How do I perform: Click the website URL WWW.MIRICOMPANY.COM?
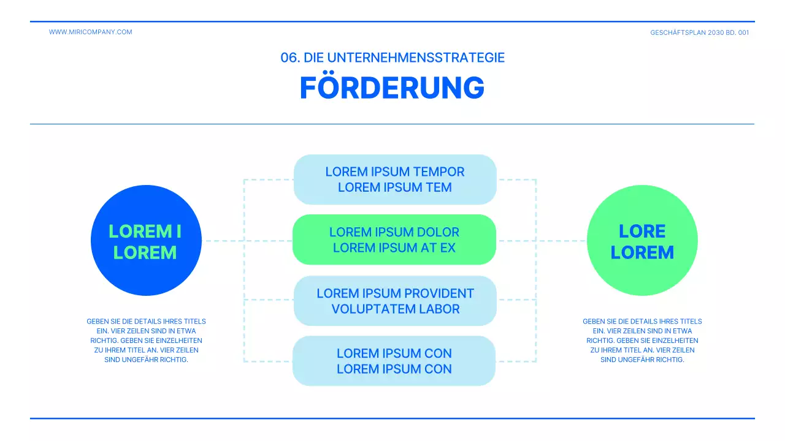click(90, 32)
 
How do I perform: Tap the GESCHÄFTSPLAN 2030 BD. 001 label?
click(699, 32)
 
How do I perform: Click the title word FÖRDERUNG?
click(392, 88)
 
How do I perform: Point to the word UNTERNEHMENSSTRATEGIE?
click(416, 58)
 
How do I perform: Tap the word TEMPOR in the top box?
click(439, 171)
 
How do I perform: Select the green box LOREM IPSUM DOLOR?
click(394, 239)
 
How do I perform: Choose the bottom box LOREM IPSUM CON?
click(394, 361)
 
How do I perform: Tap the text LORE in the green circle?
click(642, 231)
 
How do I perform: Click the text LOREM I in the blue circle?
click(145, 231)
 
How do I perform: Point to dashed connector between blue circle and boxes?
click(224, 241)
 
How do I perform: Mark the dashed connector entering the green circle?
click(561, 241)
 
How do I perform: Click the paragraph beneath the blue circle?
click(146, 340)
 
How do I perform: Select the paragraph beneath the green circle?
click(642, 340)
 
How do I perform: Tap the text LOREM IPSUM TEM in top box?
click(394, 187)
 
